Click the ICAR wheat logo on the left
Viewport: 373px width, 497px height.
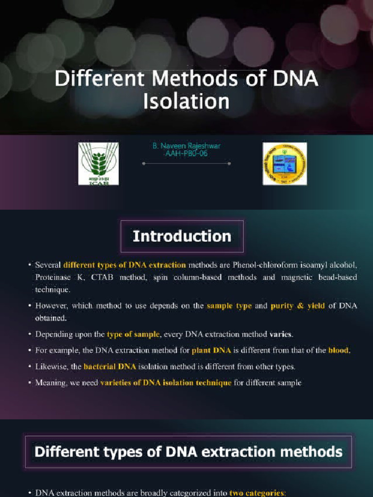[x=98, y=164]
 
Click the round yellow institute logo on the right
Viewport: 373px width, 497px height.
[x=285, y=164]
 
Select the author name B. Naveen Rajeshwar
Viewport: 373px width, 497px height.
[x=187, y=146]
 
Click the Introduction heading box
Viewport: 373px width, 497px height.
[x=182, y=236]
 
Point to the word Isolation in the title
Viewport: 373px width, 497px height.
[x=186, y=101]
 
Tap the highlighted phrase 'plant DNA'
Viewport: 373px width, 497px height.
[x=211, y=350]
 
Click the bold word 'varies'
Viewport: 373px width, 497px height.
[x=282, y=334]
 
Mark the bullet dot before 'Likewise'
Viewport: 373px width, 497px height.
[x=30, y=366]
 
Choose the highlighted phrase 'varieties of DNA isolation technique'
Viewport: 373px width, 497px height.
[x=166, y=382]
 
